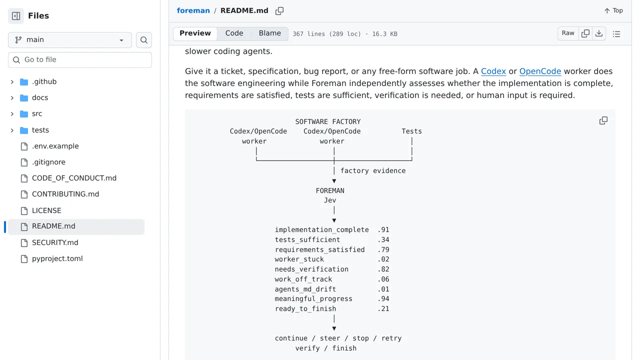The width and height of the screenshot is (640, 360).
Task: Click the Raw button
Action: (567, 33)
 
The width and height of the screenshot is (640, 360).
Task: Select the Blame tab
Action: (269, 33)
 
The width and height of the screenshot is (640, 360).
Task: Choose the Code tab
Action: (234, 33)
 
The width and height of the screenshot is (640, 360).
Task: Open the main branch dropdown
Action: (70, 39)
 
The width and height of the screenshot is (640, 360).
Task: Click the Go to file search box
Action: (80, 59)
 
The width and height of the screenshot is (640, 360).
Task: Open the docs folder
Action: (40, 97)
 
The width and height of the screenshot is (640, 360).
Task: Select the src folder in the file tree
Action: (37, 113)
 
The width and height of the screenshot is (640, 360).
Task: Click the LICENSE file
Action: (46, 210)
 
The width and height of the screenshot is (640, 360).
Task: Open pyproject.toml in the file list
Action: (57, 258)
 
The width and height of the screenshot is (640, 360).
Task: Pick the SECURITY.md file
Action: (55, 242)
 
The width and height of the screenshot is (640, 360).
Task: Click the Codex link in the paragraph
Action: (493, 71)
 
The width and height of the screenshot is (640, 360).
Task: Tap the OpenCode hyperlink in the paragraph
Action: (540, 71)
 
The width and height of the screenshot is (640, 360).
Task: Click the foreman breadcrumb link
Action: (193, 10)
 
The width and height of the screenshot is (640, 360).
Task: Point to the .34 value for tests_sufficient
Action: (383, 239)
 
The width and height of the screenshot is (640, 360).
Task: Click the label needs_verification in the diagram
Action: (311, 269)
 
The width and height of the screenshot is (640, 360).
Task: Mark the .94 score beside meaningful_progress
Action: (383, 299)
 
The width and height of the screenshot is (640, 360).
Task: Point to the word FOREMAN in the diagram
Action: (330, 190)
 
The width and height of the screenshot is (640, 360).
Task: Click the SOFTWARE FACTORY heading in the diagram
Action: (328, 121)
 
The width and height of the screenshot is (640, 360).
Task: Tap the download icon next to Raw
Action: (599, 33)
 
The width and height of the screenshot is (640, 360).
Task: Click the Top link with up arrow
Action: (613, 10)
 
